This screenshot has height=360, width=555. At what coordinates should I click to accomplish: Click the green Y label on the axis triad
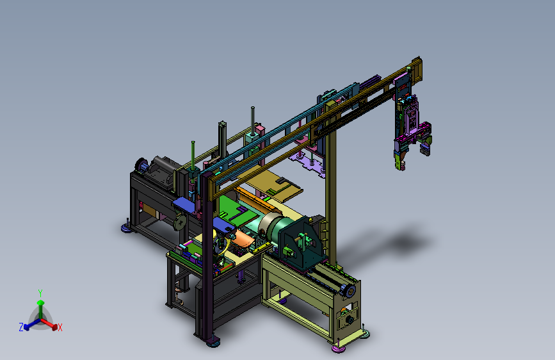click(40, 293)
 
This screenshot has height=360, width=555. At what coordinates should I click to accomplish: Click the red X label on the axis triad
click(60, 328)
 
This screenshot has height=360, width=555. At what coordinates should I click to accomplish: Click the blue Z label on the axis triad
click(21, 327)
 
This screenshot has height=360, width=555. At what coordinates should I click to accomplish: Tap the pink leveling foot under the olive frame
click(339, 349)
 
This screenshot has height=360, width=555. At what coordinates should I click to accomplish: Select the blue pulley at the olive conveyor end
click(350, 291)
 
